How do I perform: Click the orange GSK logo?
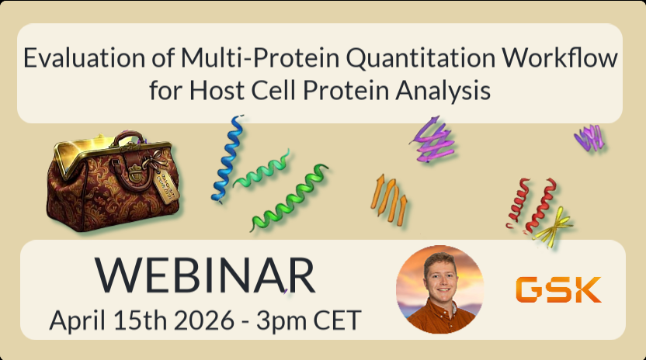[x=558, y=289]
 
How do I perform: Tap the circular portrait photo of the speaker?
[x=439, y=289]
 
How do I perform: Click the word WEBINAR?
[x=205, y=275]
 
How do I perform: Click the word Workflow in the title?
[x=560, y=57]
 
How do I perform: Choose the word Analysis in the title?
[x=443, y=91]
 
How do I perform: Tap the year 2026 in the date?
[x=204, y=320]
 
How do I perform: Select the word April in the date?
[x=77, y=321]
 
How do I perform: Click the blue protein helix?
[x=227, y=158]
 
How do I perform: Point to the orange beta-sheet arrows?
[x=389, y=199]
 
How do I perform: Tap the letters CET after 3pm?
[x=338, y=320]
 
